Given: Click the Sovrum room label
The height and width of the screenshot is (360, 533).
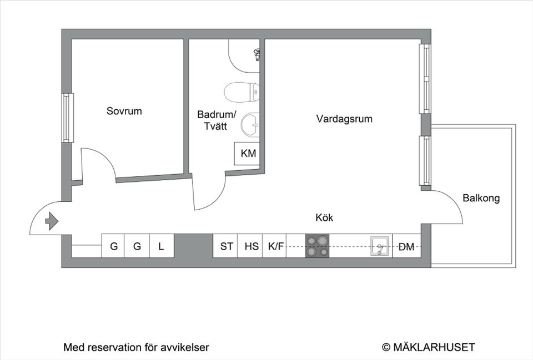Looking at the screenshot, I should [x=124, y=111].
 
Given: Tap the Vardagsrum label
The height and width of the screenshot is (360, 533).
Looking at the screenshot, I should [x=344, y=119].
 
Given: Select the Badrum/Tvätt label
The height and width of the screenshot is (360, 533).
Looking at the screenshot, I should [x=217, y=120].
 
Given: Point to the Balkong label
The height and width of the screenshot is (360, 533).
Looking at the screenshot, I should [x=481, y=198].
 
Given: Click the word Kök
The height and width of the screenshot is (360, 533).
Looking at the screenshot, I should [x=324, y=218].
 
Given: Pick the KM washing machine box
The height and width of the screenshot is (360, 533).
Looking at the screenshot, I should [x=248, y=153].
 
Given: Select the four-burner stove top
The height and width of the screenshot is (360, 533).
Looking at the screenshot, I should [x=317, y=246].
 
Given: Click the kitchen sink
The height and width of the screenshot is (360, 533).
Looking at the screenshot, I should [x=380, y=246].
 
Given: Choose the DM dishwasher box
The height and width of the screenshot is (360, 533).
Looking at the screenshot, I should [x=406, y=247].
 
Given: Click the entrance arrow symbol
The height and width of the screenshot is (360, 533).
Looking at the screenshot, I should [x=51, y=221].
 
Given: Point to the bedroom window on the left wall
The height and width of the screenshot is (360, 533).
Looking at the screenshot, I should [x=68, y=118].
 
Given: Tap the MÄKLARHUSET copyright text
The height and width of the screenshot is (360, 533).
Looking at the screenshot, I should [x=429, y=347].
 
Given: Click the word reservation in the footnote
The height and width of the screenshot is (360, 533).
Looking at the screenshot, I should [x=110, y=348].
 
